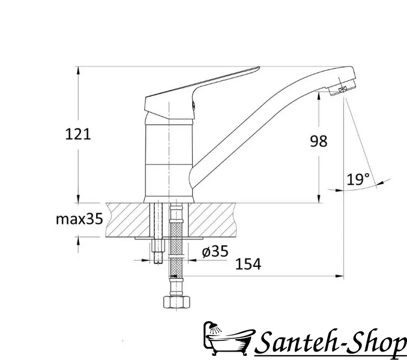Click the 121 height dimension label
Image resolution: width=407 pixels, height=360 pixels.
click(x=78, y=134)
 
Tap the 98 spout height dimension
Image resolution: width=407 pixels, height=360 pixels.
click(x=319, y=142)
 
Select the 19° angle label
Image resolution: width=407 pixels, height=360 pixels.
click(x=358, y=179)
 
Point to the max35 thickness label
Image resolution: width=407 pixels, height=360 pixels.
click(x=79, y=219)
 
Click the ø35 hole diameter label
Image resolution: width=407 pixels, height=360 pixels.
click(x=215, y=251)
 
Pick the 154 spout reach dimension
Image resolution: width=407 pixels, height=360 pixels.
click(x=248, y=264)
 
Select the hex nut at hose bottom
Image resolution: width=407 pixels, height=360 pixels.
click(x=176, y=302)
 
